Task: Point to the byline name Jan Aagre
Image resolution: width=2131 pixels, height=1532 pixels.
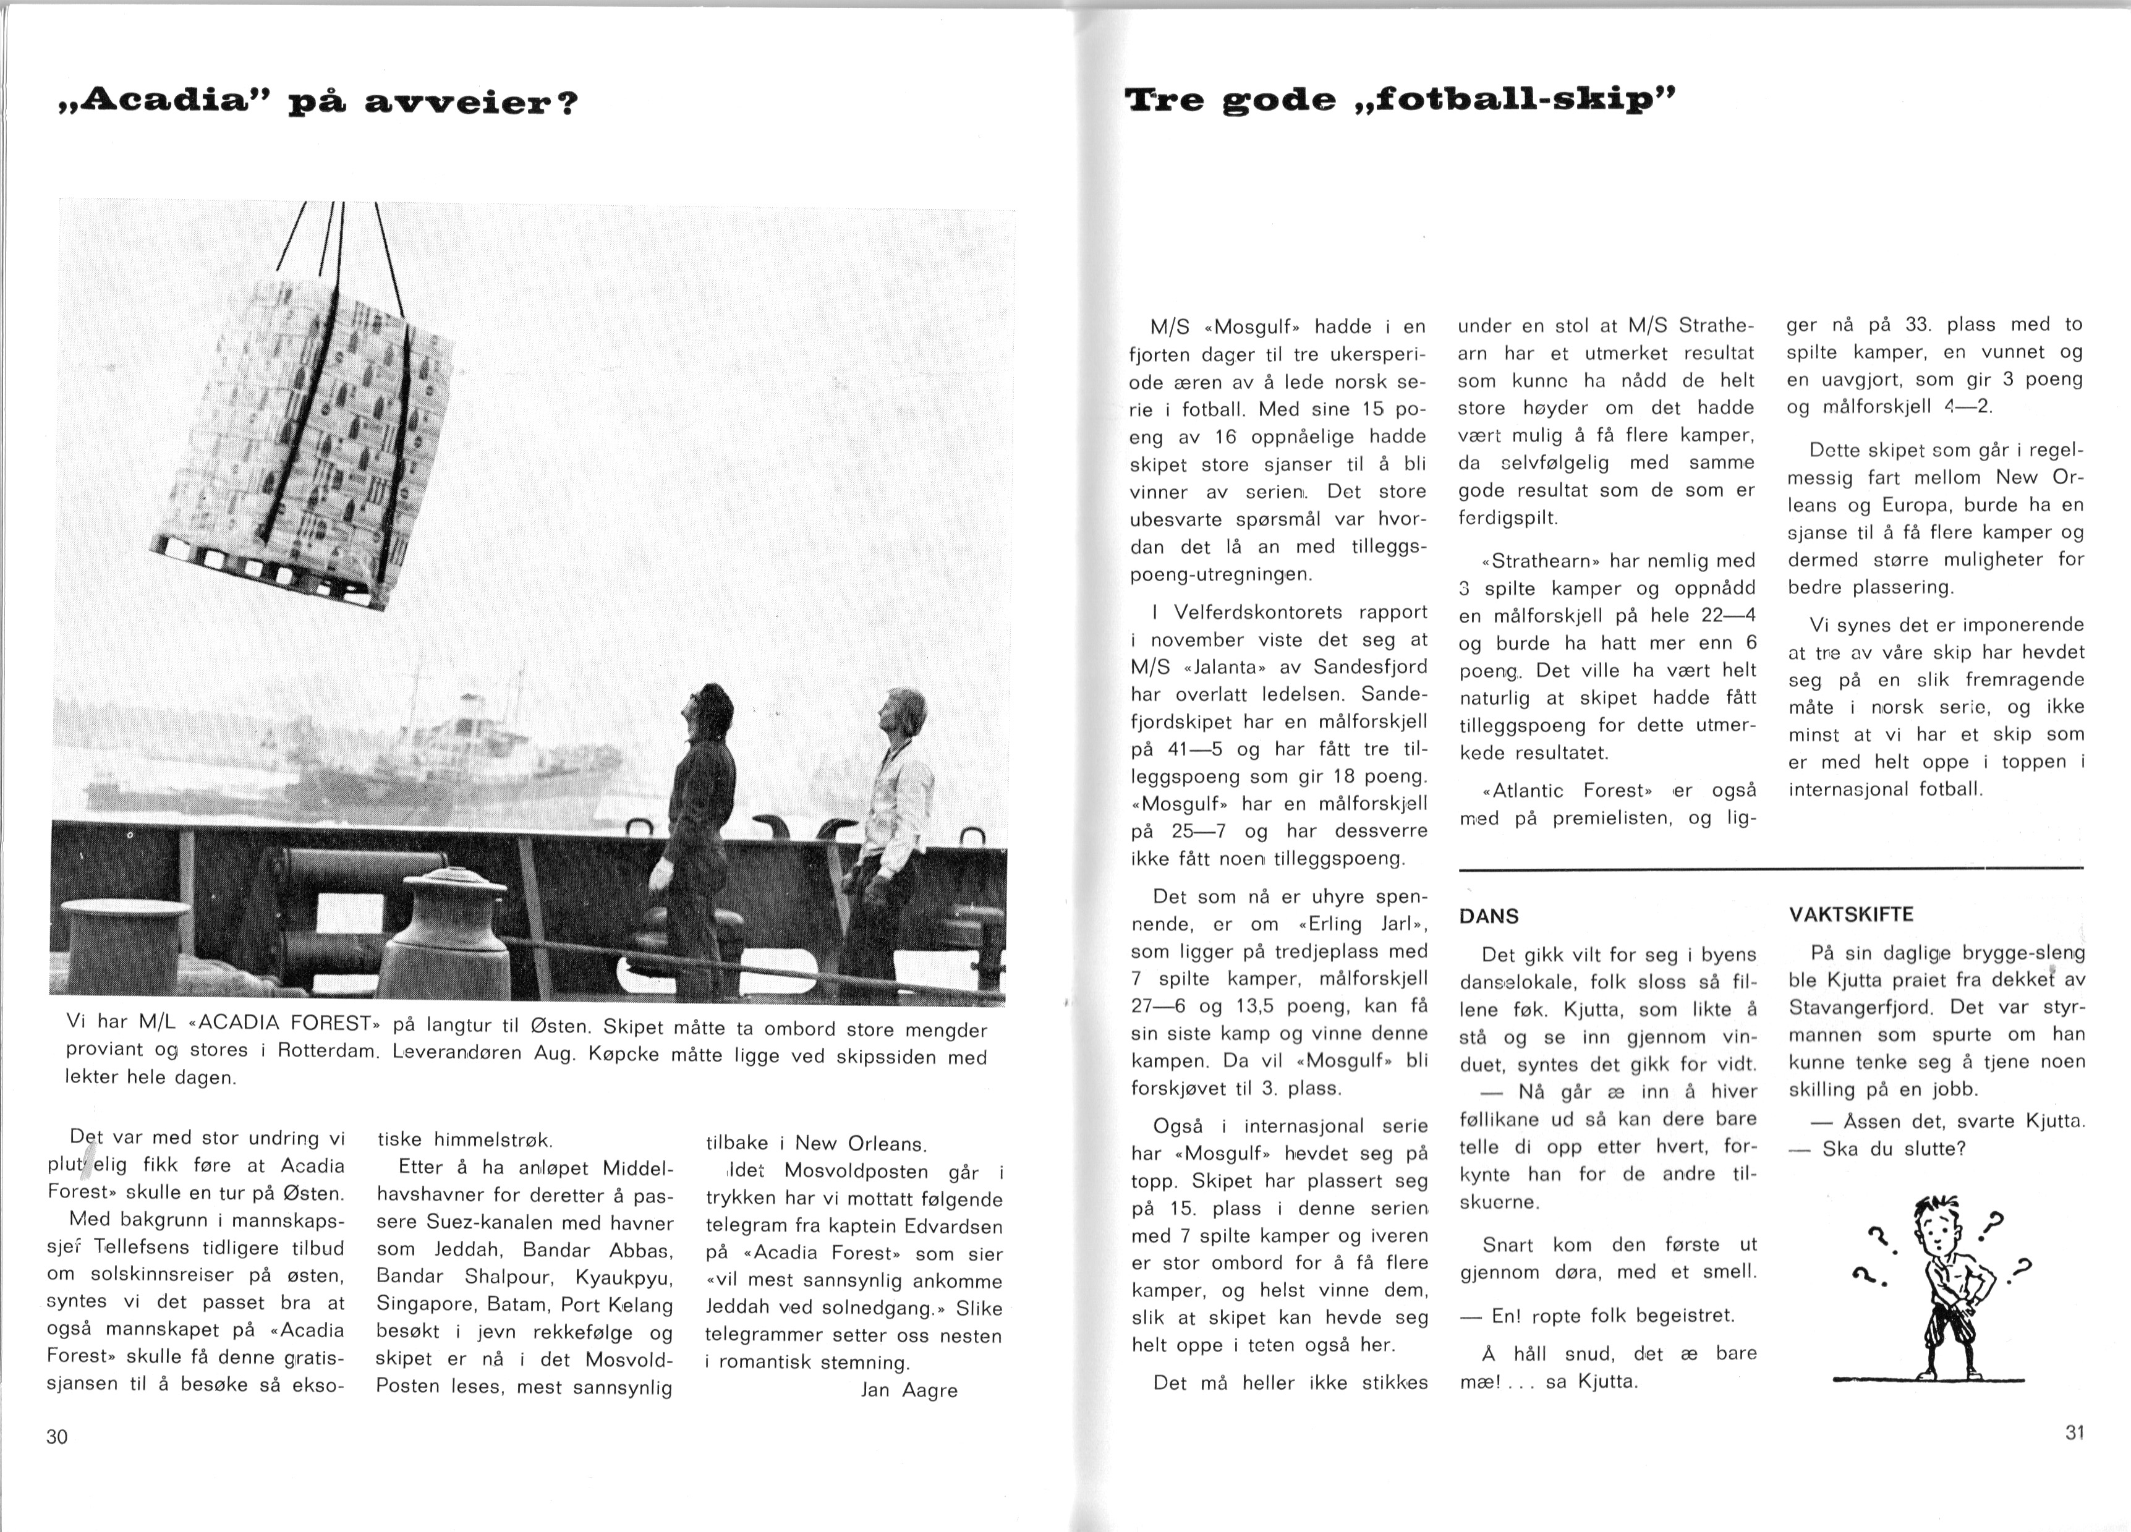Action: [x=909, y=1390]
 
